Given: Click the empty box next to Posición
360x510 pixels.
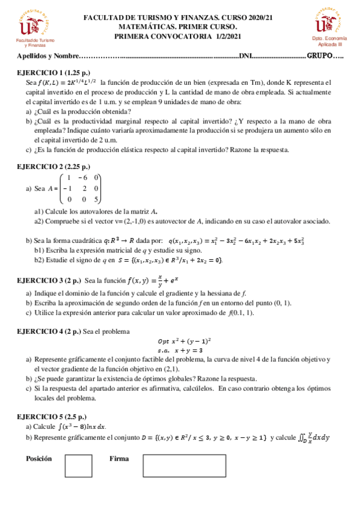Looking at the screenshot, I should [x=78, y=465].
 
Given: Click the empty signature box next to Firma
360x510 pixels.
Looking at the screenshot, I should [x=181, y=465].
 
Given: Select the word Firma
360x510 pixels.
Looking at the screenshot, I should [x=119, y=458].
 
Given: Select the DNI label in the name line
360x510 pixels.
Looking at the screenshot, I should [x=246, y=56].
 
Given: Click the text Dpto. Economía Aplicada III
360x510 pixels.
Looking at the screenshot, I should [x=329, y=41].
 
